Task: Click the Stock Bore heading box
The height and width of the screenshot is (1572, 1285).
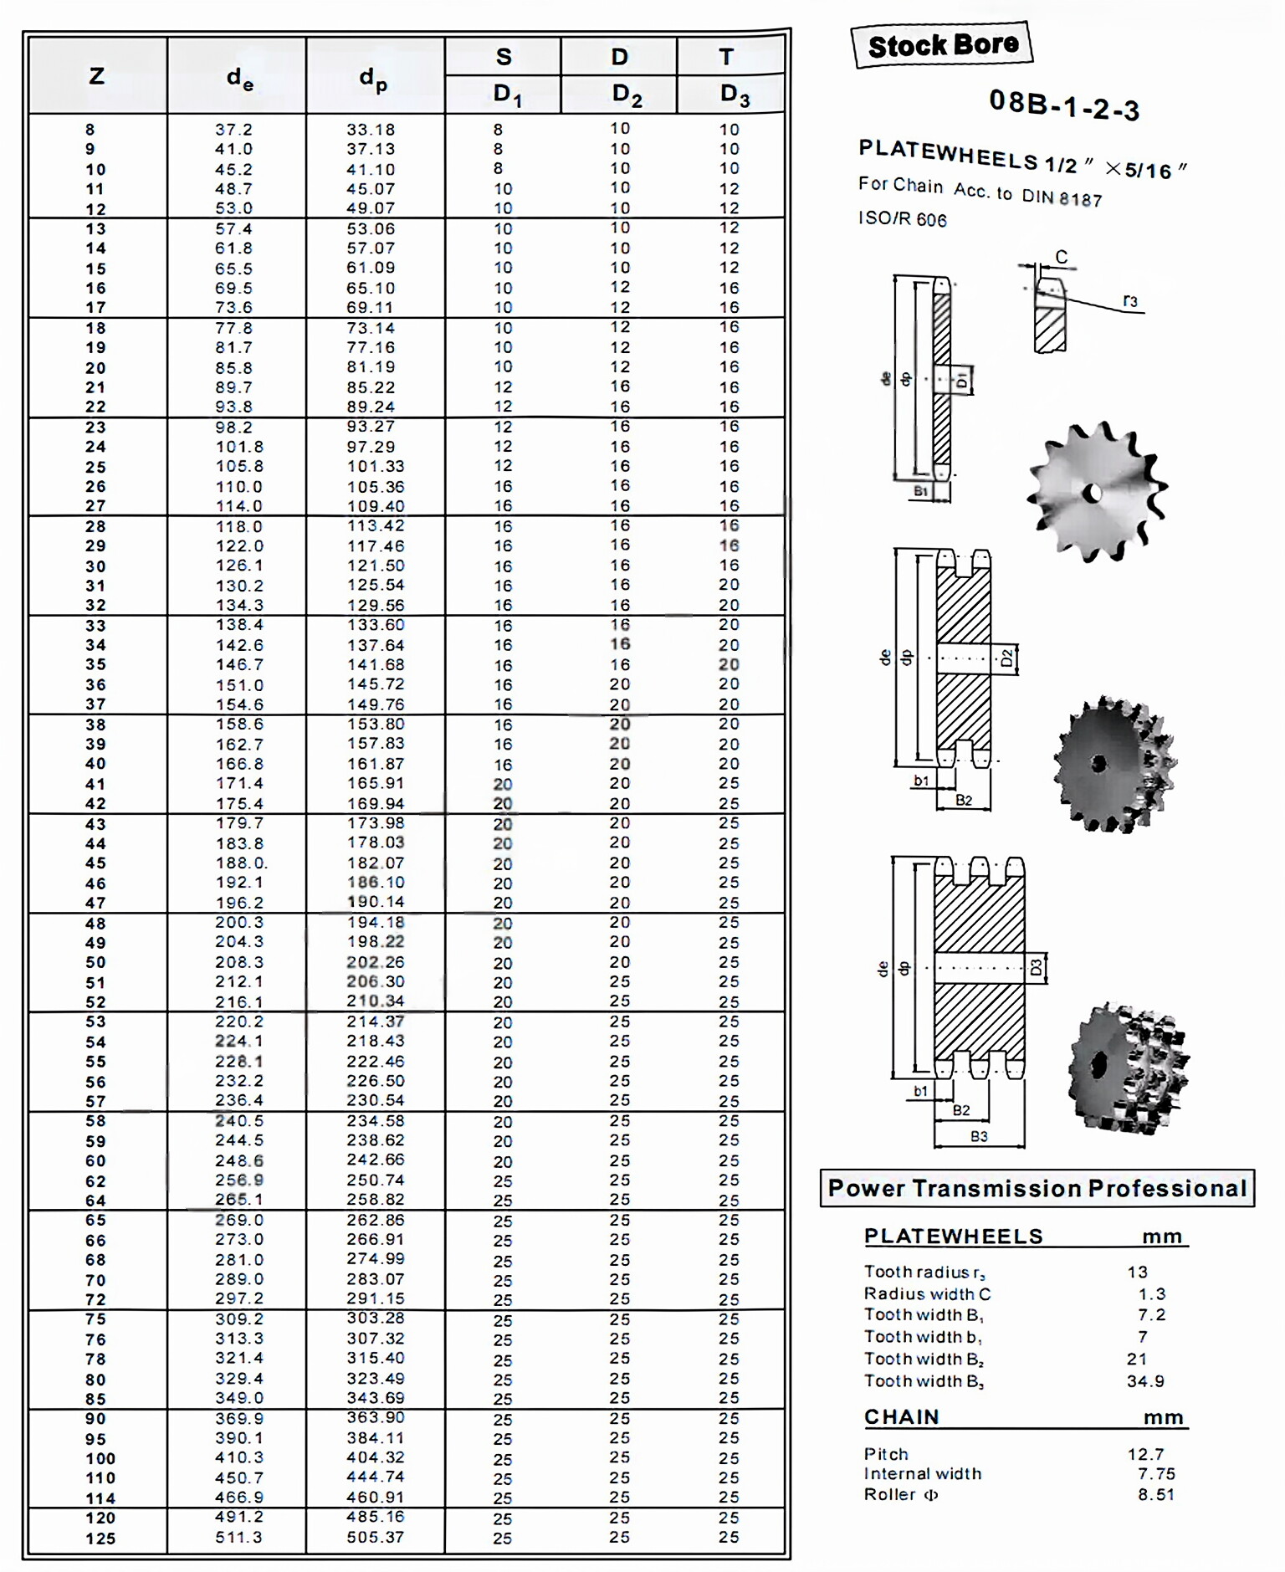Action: coord(942,45)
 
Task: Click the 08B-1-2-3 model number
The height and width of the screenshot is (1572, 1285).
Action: coord(1063,105)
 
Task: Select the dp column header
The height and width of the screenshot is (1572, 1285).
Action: coord(373,79)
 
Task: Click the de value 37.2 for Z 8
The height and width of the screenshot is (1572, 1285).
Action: coord(233,130)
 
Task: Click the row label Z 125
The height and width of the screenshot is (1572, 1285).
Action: coord(100,1538)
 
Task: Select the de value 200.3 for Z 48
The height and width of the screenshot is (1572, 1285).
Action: coord(238,922)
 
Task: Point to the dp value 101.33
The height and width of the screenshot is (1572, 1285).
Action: coord(376,466)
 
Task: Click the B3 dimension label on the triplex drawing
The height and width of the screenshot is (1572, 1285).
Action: coord(979,1136)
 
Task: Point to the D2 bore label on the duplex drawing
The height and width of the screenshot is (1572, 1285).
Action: coord(1006,658)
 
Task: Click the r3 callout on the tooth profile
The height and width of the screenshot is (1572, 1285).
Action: coord(1129,301)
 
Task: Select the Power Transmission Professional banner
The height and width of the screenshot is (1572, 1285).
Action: coord(1037,1188)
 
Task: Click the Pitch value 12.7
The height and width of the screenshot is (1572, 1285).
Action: coord(1145,1454)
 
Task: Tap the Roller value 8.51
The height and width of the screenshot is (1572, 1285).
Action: coord(1155,1494)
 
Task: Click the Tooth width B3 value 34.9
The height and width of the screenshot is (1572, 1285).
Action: coord(1145,1381)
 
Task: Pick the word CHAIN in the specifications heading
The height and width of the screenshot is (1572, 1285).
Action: coord(901,1416)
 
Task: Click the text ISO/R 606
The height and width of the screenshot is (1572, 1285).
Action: coord(902,219)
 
